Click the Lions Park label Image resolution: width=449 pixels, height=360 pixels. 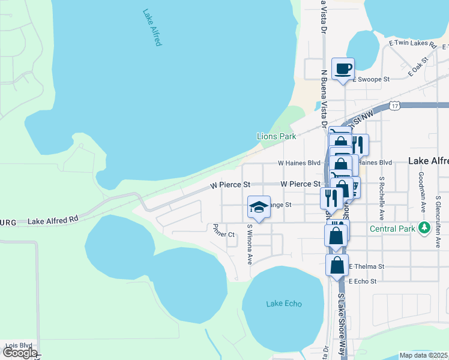(x=277, y=136)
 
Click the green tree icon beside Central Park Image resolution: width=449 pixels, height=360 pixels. (x=425, y=228)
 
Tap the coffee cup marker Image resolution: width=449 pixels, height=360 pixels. (x=343, y=70)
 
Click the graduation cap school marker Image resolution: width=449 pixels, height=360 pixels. (x=259, y=208)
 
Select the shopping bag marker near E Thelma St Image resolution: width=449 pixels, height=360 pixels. (x=337, y=264)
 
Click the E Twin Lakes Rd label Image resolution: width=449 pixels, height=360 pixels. (x=412, y=43)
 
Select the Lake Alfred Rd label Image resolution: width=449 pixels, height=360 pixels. (x=53, y=221)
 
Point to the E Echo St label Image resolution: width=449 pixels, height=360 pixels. (x=362, y=281)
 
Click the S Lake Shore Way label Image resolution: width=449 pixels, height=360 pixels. (x=342, y=325)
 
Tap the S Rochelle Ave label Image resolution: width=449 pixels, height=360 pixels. (x=381, y=197)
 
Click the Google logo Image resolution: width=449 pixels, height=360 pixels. (x=19, y=353)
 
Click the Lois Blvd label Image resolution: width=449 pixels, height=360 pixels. (x=18, y=346)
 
